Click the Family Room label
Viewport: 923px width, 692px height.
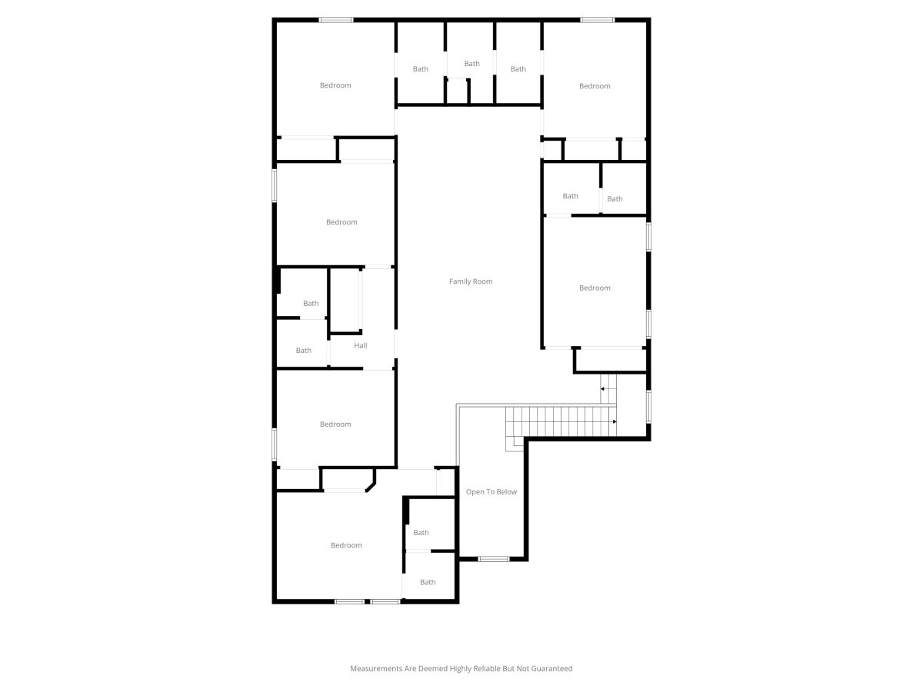click(471, 281)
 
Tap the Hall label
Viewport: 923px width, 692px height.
click(361, 345)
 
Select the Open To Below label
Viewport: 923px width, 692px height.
click(491, 491)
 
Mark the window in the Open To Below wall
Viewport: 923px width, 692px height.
click(494, 559)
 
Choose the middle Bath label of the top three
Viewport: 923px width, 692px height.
click(471, 64)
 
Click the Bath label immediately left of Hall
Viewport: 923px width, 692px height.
click(303, 351)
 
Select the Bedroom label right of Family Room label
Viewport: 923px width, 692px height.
click(594, 288)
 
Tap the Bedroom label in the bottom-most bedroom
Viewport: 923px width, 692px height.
click(346, 545)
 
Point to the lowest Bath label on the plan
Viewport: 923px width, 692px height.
click(428, 582)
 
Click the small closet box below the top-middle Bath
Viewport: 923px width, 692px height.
click(457, 91)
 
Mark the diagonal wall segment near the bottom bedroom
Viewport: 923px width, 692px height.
click(371, 487)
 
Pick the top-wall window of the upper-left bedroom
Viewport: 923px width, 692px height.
click(335, 20)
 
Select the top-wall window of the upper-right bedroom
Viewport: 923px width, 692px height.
click(597, 20)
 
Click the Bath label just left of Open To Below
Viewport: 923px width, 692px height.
click(421, 533)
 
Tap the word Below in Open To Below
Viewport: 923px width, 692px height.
click(507, 491)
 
